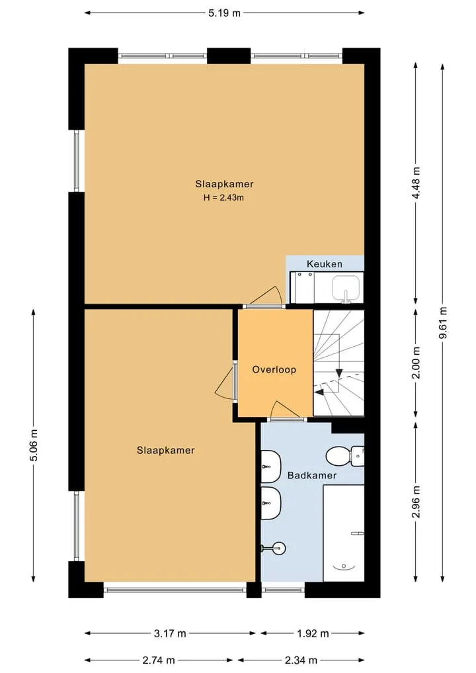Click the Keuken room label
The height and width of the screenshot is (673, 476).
click(x=324, y=264)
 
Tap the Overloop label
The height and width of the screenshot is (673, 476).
click(x=274, y=369)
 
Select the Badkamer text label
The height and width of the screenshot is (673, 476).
click(x=312, y=475)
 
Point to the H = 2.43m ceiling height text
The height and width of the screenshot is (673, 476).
click(x=223, y=198)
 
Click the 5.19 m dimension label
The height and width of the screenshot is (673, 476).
click(x=224, y=13)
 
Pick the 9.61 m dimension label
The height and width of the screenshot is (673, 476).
click(x=443, y=323)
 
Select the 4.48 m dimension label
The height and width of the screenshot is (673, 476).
click(x=416, y=183)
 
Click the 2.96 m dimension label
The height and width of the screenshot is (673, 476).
click(x=416, y=502)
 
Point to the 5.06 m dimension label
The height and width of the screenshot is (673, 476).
click(x=34, y=445)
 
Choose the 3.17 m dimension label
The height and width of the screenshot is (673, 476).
click(x=171, y=633)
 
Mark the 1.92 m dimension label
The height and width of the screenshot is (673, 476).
click(x=313, y=633)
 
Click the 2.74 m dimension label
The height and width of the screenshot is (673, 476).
click(x=159, y=660)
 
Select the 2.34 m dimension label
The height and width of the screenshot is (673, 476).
click(x=301, y=660)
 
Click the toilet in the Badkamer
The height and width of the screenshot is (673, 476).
click(x=345, y=456)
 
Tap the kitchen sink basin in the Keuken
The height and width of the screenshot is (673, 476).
click(x=346, y=289)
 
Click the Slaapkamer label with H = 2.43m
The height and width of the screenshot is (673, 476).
click(x=224, y=184)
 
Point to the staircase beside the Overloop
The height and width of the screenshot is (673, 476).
click(x=338, y=363)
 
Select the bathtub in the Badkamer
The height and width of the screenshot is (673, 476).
click(x=344, y=533)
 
